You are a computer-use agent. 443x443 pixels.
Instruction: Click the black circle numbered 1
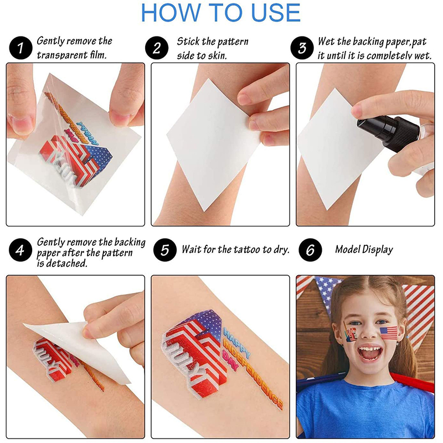(20, 48)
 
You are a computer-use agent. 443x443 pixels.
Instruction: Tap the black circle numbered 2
(157, 48)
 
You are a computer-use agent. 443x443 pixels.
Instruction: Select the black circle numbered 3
(302, 48)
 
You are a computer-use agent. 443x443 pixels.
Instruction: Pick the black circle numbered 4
(20, 250)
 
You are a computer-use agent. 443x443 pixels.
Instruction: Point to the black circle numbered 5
(165, 250)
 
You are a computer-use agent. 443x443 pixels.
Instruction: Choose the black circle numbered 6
(310, 250)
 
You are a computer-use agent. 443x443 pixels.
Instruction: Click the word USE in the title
(276, 13)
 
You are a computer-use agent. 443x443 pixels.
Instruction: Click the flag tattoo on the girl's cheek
(389, 333)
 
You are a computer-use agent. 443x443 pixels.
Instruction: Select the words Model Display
(364, 250)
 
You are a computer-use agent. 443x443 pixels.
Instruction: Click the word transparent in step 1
(62, 55)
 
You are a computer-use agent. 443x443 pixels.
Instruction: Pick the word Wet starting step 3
(327, 42)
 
